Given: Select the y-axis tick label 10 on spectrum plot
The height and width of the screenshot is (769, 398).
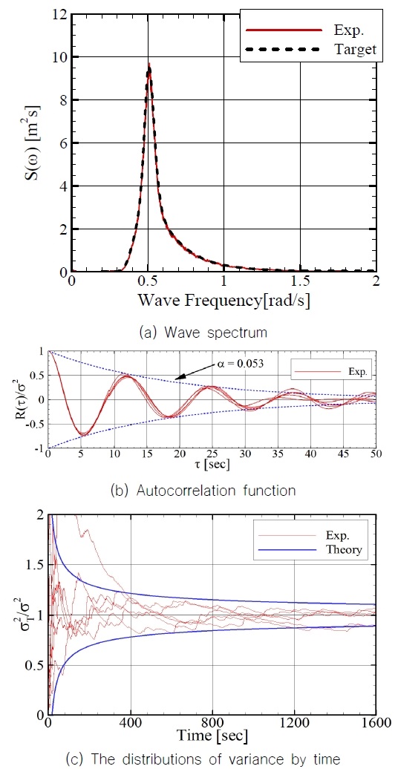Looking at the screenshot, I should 57,57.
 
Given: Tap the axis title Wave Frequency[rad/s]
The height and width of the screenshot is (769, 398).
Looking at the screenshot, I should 223,302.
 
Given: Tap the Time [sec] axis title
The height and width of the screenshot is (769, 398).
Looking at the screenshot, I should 212,737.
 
